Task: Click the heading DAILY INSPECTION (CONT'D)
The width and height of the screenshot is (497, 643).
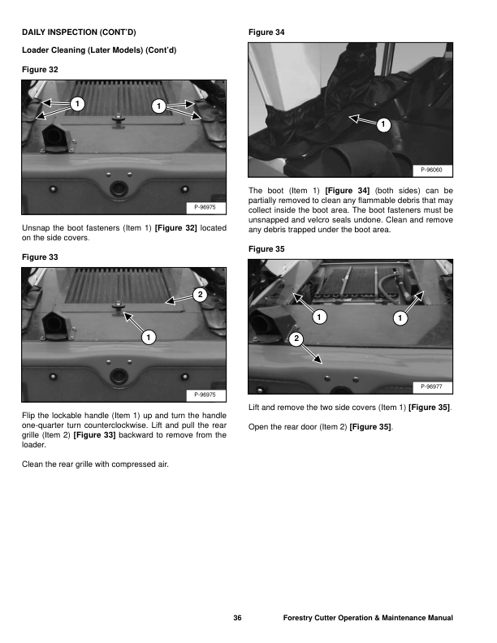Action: click(78, 32)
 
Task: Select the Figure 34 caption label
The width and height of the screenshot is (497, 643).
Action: click(266, 32)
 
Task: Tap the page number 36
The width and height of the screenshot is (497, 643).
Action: click(237, 618)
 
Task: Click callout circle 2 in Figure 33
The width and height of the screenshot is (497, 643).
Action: click(200, 293)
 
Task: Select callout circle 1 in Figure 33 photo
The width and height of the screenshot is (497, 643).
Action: click(147, 336)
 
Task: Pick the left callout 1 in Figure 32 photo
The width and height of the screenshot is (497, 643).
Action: click(76, 104)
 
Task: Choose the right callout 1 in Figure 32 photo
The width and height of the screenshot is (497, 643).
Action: click(159, 106)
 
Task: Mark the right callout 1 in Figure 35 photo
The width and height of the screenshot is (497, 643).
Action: click(399, 317)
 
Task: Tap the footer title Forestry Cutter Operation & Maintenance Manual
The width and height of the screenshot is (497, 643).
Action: click(367, 618)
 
